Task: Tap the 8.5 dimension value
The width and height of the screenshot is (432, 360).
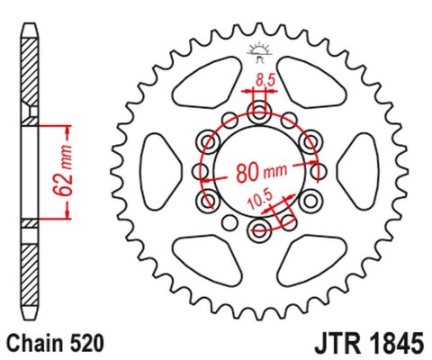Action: point(265,81)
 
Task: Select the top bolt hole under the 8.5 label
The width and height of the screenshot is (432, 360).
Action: point(261,113)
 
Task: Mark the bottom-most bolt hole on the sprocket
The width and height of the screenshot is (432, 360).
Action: point(261,231)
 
